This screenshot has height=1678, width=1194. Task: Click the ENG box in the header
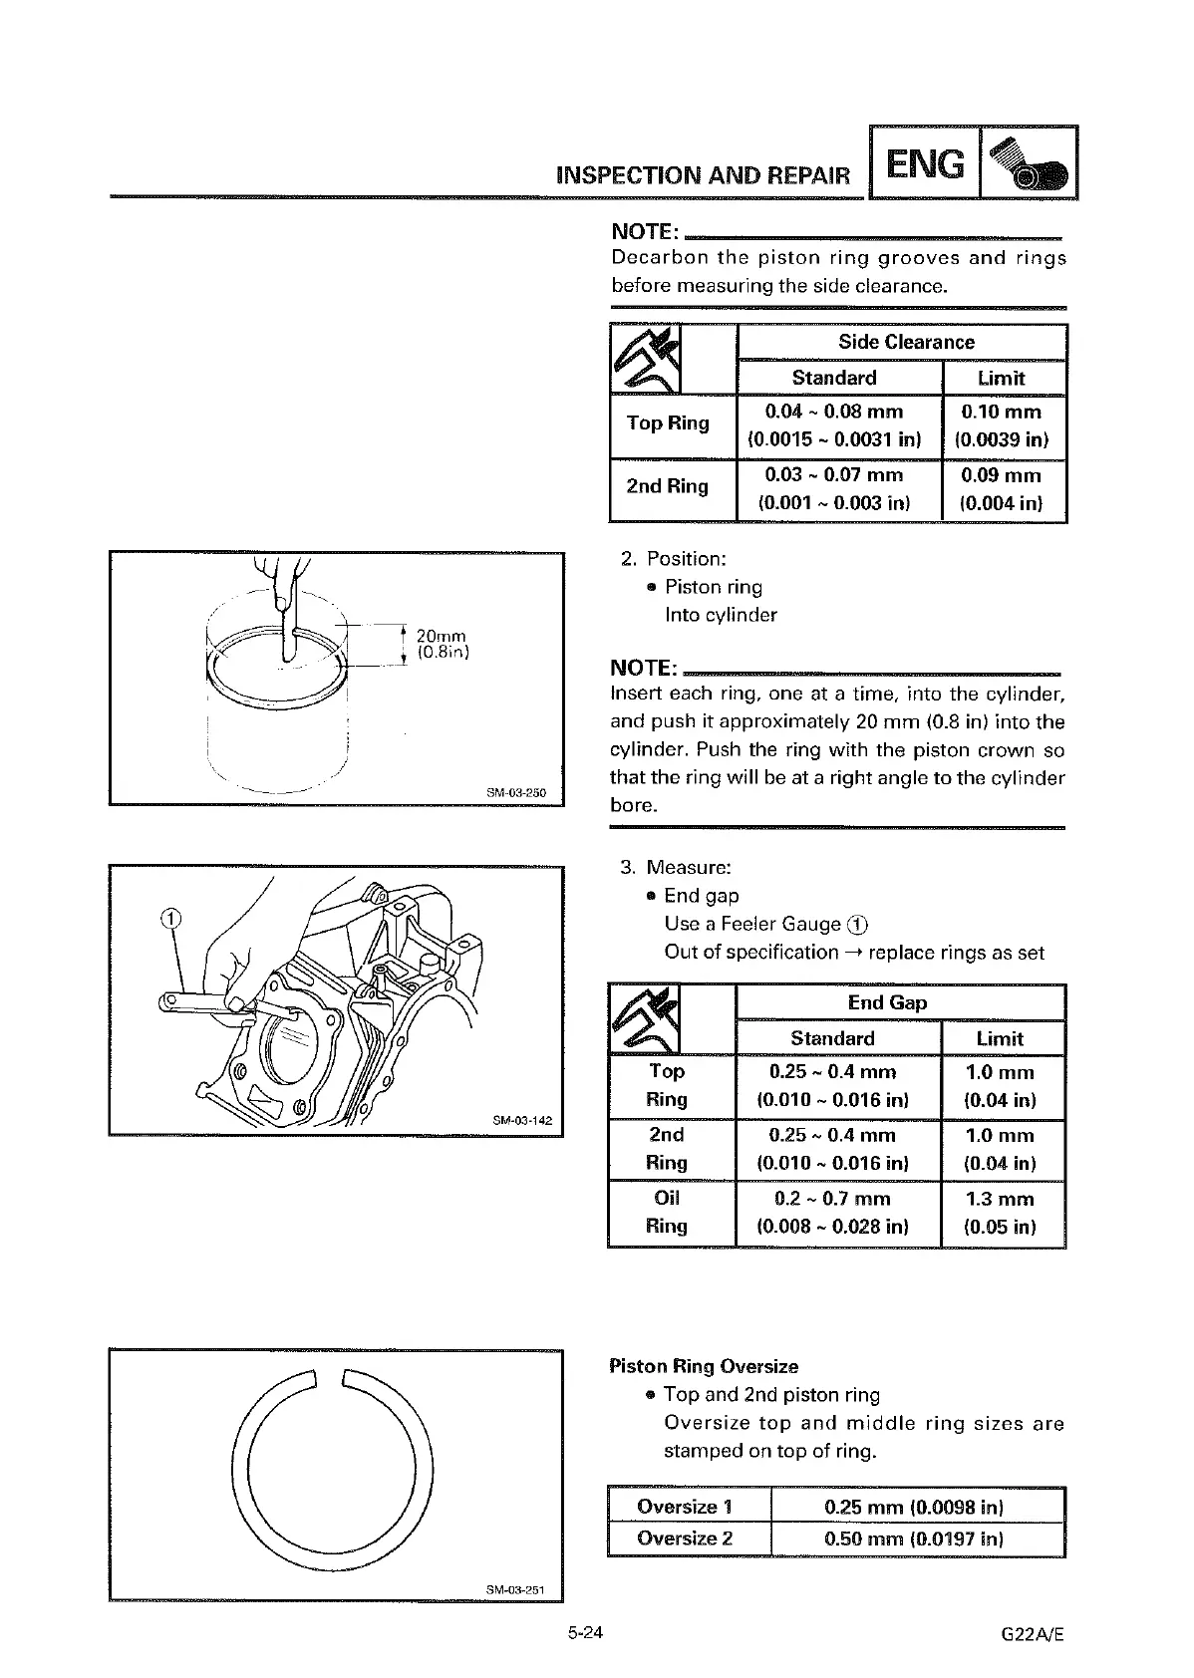(925, 163)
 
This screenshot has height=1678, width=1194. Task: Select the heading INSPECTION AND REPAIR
(704, 176)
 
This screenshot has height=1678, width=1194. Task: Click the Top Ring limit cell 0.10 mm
(1002, 425)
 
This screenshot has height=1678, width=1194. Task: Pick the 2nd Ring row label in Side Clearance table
(667, 487)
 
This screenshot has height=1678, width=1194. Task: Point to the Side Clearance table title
(906, 342)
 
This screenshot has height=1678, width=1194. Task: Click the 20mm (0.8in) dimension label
(442, 644)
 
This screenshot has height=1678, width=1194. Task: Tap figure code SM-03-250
(516, 792)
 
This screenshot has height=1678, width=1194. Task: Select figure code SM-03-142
(522, 1121)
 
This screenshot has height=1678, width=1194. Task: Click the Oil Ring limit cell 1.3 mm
(1001, 1213)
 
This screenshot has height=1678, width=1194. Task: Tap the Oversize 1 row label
(685, 1507)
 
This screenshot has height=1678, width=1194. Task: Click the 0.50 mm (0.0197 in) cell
(914, 1538)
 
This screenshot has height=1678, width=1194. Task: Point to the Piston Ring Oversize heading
(704, 1366)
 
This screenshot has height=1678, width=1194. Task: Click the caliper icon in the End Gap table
(645, 1019)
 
